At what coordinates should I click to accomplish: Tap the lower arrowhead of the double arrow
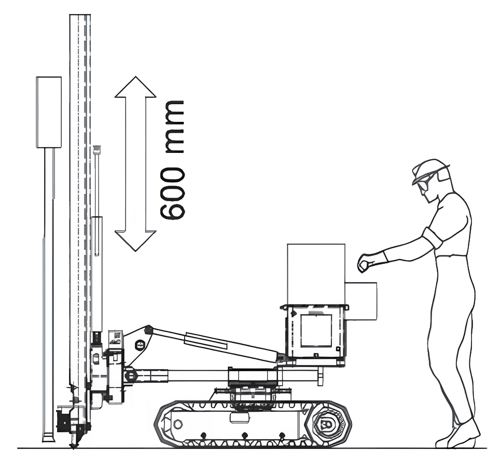tap(135, 241)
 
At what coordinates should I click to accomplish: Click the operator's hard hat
tap(430, 168)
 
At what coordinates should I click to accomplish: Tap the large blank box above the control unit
tap(316, 274)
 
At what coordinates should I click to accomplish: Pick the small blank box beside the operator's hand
tap(361, 301)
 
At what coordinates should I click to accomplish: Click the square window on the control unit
tap(316, 331)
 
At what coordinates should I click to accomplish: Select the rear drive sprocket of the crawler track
tap(326, 424)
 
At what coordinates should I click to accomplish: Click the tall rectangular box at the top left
tap(49, 112)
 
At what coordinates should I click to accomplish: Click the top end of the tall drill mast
tap(80, 15)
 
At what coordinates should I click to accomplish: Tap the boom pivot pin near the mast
tap(140, 344)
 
